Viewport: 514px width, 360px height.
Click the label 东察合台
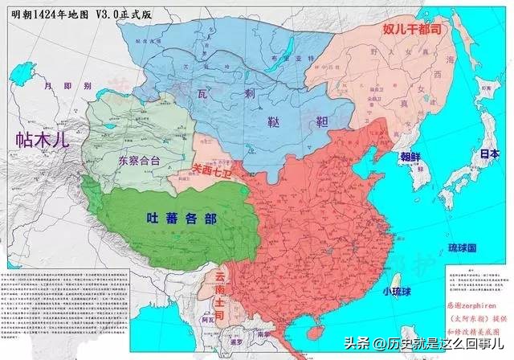[138, 160]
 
